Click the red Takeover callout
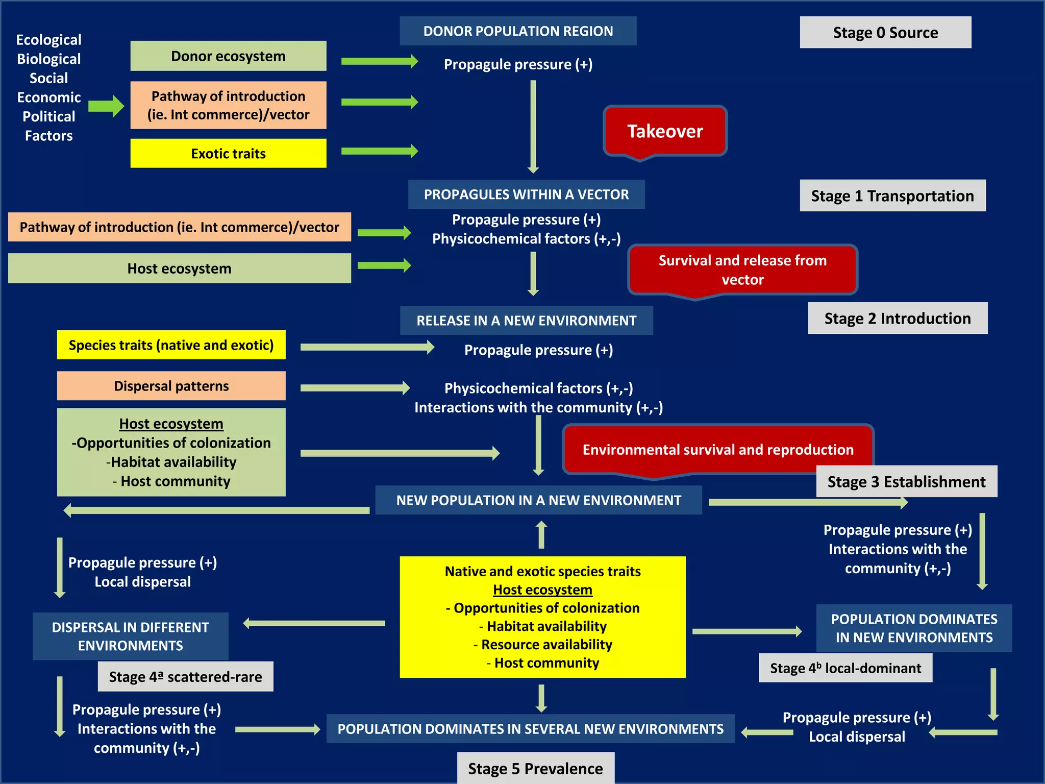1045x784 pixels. click(665, 131)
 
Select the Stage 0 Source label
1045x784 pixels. click(885, 33)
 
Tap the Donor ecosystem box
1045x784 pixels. click(228, 56)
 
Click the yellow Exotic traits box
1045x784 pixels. click(228, 153)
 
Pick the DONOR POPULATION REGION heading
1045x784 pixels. click(518, 31)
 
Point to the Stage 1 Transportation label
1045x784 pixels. click(892, 195)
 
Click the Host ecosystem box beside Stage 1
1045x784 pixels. click(179, 268)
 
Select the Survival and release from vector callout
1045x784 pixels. click(742, 270)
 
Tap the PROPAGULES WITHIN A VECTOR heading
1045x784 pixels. click(526, 194)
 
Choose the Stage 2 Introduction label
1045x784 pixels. click(898, 318)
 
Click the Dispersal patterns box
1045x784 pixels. click(171, 386)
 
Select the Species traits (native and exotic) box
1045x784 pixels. click(171, 345)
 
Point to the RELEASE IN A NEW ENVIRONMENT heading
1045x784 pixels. click(526, 321)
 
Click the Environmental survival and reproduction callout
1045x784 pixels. click(718, 450)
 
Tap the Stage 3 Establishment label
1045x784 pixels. click(906, 481)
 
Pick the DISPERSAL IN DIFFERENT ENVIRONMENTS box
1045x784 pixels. click(130, 636)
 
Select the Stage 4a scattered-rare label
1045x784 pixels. click(185, 677)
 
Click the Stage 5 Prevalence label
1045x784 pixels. click(535, 768)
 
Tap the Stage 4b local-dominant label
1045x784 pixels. click(845, 668)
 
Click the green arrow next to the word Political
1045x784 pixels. click(106, 106)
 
